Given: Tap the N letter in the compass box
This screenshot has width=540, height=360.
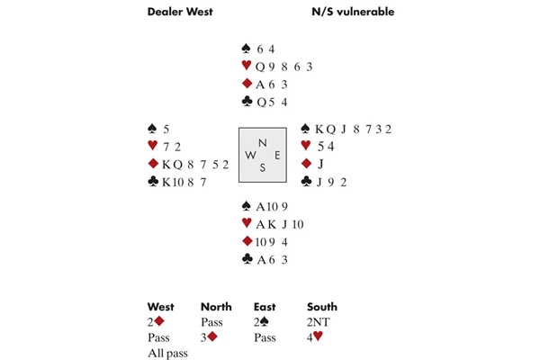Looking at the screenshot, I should (x=262, y=141).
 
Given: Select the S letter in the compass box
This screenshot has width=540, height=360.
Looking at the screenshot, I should (x=262, y=167).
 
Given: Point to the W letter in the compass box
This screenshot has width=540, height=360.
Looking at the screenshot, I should (x=247, y=155).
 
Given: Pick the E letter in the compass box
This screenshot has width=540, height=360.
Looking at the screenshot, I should (x=276, y=155).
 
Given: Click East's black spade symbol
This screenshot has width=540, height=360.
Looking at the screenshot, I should (x=305, y=129).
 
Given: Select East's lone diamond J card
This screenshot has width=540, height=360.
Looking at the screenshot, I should (x=319, y=164).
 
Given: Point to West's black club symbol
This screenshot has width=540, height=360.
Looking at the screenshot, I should (x=154, y=183).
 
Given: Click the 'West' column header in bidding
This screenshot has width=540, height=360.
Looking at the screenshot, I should (x=162, y=306).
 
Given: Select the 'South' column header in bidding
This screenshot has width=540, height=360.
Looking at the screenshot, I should (x=322, y=306).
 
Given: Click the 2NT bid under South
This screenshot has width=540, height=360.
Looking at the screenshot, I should (x=319, y=321).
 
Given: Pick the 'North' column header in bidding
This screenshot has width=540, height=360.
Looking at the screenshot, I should (x=216, y=306).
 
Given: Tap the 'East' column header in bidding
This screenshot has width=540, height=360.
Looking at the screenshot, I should (x=267, y=306).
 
